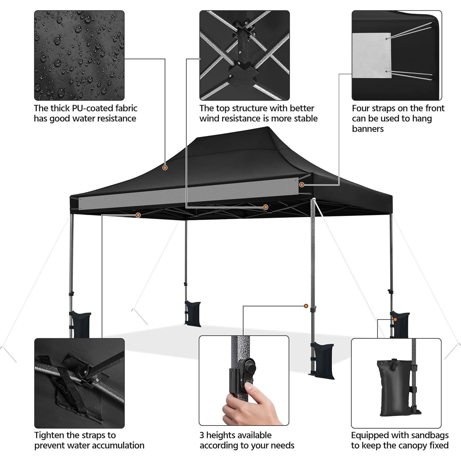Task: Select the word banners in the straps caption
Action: point(367,129)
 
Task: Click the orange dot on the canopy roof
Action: point(165,168)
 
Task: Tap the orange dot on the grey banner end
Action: point(302,185)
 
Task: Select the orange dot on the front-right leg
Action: point(306,306)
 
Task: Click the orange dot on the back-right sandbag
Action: point(395,320)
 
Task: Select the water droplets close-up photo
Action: point(79,55)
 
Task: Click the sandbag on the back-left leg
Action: point(193,313)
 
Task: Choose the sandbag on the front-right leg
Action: point(323,360)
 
